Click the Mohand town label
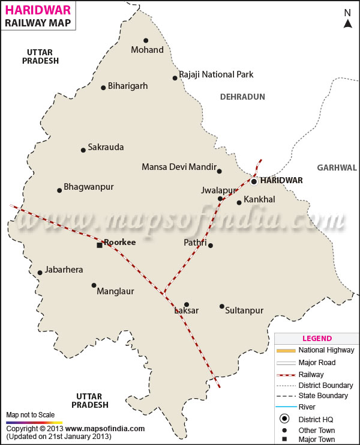[x=147, y=50]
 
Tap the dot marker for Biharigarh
[x=103, y=87]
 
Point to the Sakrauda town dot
[x=83, y=150]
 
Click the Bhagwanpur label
[x=89, y=187]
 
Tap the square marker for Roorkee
[x=100, y=245]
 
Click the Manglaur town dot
[x=94, y=285]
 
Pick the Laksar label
[x=186, y=311]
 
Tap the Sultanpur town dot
[x=222, y=306]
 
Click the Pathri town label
[x=195, y=243]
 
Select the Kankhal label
[x=259, y=199]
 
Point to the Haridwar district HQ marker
[x=254, y=181]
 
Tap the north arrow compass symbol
[x=347, y=19]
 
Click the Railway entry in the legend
[x=311, y=374]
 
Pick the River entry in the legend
[x=307, y=407]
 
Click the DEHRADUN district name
[x=242, y=97]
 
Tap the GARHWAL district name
[x=337, y=168]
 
